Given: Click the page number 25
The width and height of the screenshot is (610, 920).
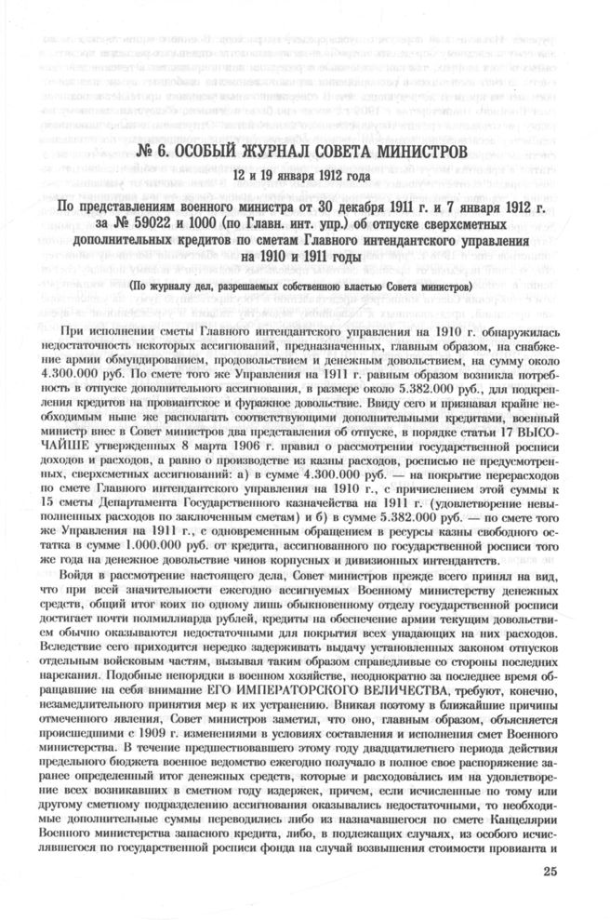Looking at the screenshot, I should point(549,872).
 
